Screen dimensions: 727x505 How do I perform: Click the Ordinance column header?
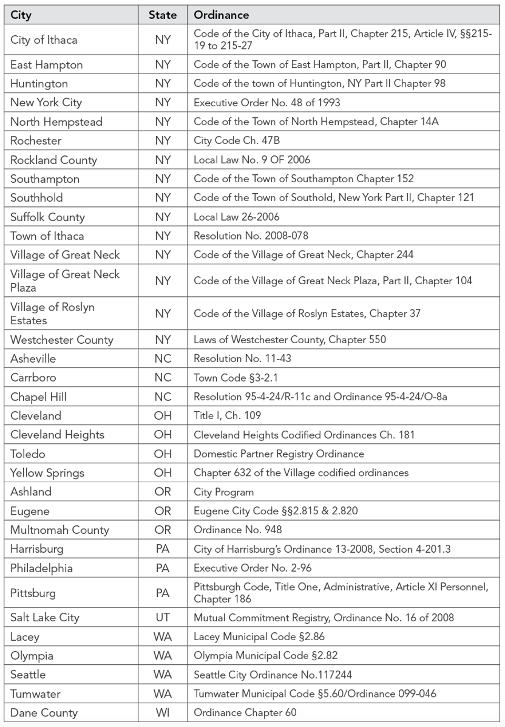pos(221,15)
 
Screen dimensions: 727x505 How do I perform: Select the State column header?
pos(163,15)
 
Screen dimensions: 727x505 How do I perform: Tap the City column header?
pos(21,15)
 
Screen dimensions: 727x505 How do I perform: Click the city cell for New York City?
pos(46,103)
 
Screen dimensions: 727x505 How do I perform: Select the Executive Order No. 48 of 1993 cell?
pos(267,103)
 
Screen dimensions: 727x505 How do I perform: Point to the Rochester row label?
pos(36,141)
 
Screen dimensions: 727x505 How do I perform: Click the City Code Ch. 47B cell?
pos(237,141)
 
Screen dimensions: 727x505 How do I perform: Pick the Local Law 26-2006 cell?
pos(237,217)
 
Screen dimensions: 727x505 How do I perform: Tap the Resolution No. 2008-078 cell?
pos(251,236)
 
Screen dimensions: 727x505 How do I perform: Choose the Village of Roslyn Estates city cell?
pos(53,314)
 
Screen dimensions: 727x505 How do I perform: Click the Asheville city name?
pos(33,358)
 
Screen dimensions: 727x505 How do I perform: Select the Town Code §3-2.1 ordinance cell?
pos(236,377)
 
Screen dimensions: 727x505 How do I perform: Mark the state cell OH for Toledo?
pos(163,454)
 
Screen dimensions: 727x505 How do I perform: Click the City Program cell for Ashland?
pos(224,492)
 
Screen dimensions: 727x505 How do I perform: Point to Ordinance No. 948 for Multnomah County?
pos(238,530)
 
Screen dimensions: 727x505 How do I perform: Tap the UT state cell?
pos(163,618)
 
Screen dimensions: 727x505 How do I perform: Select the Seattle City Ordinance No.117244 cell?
pos(272,675)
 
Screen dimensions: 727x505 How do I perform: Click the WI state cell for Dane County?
pos(163,713)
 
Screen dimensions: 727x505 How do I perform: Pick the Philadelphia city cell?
pos(42,568)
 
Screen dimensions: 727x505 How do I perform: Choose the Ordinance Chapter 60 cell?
pos(245,713)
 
